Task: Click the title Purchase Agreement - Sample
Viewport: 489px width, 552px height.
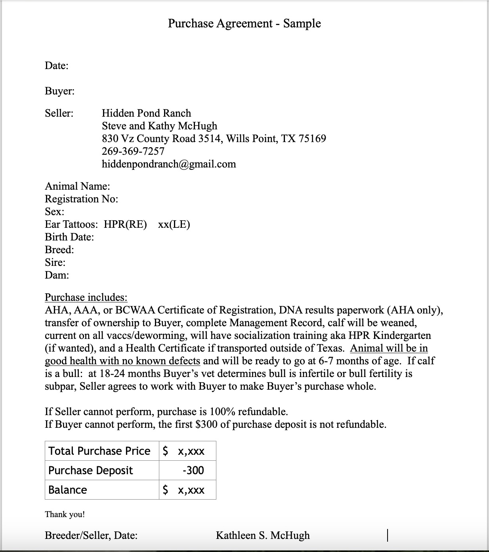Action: (x=244, y=23)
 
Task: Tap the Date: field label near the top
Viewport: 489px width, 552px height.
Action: (x=57, y=65)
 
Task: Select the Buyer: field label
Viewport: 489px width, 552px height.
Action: (x=59, y=91)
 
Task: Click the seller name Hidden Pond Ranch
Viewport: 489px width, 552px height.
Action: (x=146, y=113)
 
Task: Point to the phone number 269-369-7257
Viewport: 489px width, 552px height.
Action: (x=133, y=151)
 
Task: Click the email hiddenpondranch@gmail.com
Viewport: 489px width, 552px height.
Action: (x=169, y=164)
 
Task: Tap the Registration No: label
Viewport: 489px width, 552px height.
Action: (x=81, y=199)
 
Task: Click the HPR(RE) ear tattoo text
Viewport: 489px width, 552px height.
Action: (x=125, y=224)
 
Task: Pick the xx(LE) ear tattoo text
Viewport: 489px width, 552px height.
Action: (x=174, y=224)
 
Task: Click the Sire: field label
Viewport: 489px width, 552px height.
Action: (x=55, y=262)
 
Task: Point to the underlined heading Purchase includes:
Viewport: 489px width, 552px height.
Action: (x=86, y=297)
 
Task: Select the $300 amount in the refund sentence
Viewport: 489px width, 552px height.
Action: (x=206, y=424)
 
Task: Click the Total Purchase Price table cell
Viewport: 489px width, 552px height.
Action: (x=99, y=451)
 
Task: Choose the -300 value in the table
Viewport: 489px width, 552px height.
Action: (x=193, y=470)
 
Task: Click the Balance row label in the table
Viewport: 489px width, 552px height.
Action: (x=68, y=490)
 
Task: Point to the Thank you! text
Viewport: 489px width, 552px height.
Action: (x=65, y=514)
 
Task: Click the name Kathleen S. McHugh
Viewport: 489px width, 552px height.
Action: (x=263, y=535)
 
